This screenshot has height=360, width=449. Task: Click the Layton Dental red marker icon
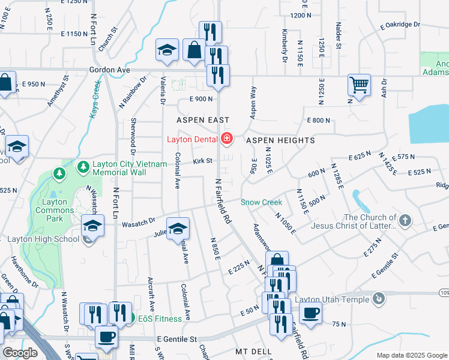[227, 139]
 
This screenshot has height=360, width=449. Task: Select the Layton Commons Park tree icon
[59, 173]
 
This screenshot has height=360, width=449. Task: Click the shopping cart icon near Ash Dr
[359, 85]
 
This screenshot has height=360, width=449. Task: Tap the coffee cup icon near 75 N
[310, 313]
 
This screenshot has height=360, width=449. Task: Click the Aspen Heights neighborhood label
[280, 140]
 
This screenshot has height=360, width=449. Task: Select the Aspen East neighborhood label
[203, 120]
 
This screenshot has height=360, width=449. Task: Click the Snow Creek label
[261, 202]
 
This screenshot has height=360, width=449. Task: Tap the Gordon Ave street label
[109, 70]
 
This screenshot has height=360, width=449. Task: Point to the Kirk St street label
[203, 161]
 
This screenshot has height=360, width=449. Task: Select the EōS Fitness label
[161, 318]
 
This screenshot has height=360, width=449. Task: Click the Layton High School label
[42, 239]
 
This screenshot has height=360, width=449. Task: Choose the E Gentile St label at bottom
[176, 340]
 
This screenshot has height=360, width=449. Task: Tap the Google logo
[20, 353]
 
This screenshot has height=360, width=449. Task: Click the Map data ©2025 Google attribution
[411, 355]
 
